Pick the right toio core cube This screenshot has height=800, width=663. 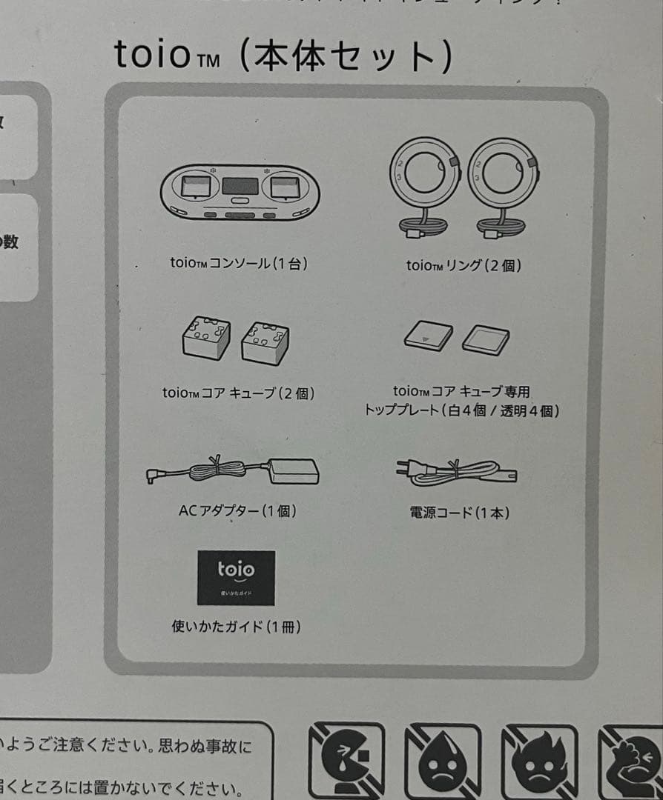click(x=265, y=342)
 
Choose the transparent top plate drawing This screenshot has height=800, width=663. click(x=485, y=339)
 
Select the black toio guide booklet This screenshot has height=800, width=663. click(x=236, y=578)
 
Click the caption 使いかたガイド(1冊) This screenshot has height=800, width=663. click(x=236, y=627)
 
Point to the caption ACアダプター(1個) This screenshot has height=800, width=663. click(x=237, y=511)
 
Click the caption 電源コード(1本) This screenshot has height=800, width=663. click(x=460, y=512)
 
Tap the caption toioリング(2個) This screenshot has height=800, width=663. click(x=464, y=265)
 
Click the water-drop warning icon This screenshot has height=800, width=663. click(x=443, y=761)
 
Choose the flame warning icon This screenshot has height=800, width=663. click(x=539, y=761)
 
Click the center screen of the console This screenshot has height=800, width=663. click(x=240, y=185)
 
